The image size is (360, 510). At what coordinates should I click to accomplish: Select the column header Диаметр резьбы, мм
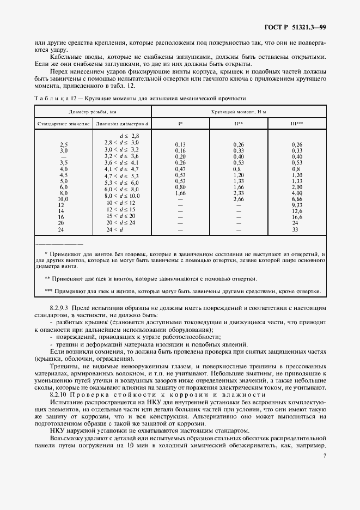[x=93, y=111]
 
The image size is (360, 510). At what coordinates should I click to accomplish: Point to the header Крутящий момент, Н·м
[x=239, y=111]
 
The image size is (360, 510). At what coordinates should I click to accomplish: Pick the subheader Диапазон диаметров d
[x=123, y=124]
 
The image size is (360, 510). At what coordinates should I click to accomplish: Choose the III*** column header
[x=297, y=124]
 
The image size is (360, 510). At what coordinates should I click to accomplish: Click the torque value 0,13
[x=180, y=144]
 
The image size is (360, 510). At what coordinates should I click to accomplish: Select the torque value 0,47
[x=180, y=169]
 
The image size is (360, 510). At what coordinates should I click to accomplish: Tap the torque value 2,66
[x=238, y=199]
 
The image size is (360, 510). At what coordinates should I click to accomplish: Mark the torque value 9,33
[x=297, y=205]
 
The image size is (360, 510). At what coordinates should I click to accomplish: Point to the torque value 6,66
[x=297, y=199]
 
